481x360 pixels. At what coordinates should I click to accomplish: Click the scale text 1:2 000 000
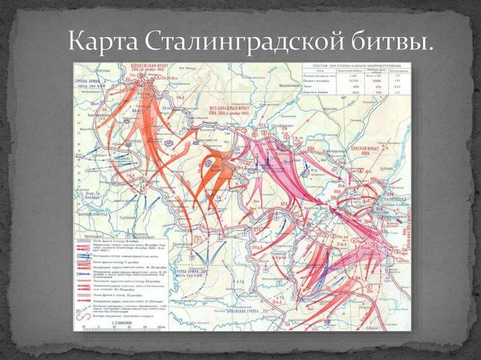point(121,322)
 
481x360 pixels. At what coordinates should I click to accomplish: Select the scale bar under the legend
point(121,327)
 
